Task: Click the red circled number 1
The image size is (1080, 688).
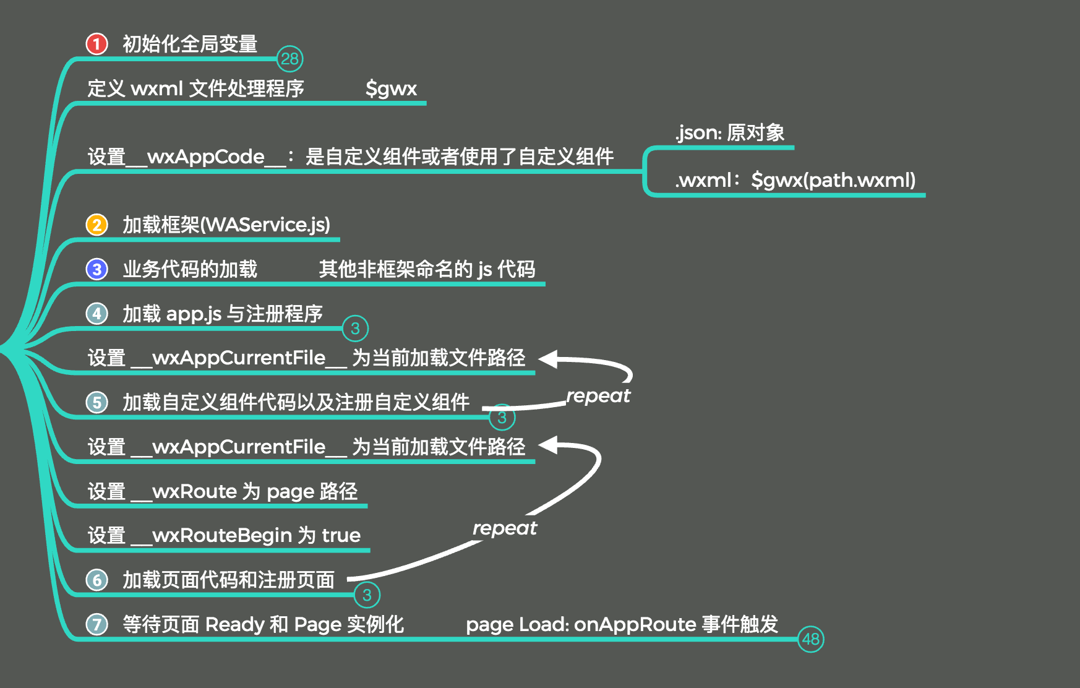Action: tap(96, 44)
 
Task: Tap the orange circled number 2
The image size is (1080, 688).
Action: tap(96, 224)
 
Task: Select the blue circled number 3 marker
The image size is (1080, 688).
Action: tap(96, 269)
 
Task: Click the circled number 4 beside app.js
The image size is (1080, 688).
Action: tap(96, 314)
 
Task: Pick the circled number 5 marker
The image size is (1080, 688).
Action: tap(96, 402)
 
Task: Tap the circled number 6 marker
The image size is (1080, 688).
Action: tap(96, 580)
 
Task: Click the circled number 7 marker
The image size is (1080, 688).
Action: tap(96, 624)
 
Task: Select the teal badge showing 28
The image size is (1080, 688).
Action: tap(289, 59)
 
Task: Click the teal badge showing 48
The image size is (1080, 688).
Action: tap(810, 639)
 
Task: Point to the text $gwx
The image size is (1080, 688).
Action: tap(391, 88)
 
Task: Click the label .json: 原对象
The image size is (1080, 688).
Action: tap(730, 132)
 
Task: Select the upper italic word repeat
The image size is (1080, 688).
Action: tap(598, 396)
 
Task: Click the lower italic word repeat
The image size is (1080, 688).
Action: tap(505, 528)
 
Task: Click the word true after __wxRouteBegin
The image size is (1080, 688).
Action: tap(341, 535)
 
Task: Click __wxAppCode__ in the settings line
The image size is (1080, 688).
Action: tap(206, 157)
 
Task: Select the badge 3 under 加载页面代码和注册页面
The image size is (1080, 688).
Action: tap(367, 595)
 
